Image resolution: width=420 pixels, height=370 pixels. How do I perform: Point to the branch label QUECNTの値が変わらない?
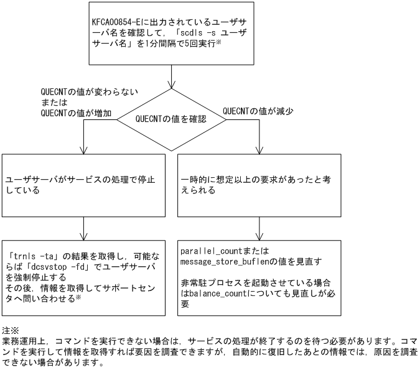(89, 91)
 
